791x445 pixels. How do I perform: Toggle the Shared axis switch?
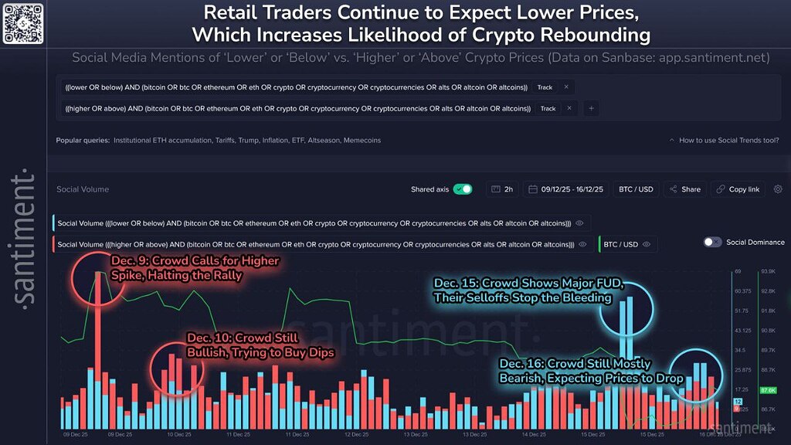(463, 189)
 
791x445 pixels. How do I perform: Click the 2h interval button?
(502, 189)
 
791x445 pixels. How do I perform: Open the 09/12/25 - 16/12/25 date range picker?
(567, 189)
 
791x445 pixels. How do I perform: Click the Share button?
(685, 189)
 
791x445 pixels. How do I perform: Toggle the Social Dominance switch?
(712, 242)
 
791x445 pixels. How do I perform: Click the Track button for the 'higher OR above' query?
(548, 108)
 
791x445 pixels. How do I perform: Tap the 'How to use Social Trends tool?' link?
(722, 141)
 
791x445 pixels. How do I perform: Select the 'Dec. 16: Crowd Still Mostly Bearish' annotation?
(591, 371)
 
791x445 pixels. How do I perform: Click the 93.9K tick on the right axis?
(768, 272)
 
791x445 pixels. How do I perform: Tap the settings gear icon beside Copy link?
(777, 189)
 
